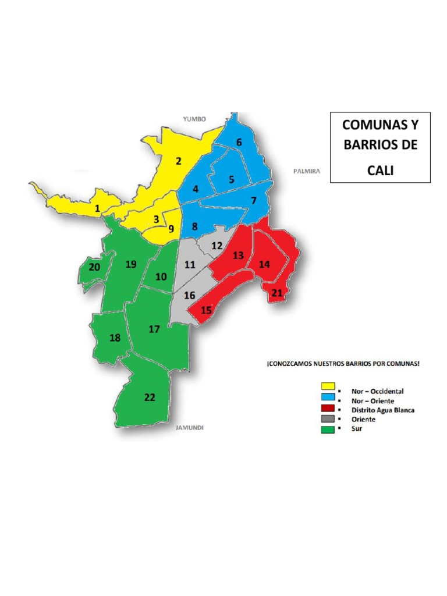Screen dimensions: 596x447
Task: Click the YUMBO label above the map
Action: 195,119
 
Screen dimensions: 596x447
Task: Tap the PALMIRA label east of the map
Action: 307,172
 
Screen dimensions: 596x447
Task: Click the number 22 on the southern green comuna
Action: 150,398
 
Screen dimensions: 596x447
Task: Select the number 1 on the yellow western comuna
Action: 98,208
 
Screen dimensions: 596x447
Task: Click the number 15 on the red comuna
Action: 206,310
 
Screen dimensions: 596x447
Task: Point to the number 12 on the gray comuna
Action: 217,245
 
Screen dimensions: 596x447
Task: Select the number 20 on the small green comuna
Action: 94,267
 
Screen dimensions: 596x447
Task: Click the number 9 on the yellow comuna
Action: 171,229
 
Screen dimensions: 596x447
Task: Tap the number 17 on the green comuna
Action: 154,329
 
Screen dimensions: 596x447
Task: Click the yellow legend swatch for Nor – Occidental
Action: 328,386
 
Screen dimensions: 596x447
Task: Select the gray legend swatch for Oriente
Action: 328,418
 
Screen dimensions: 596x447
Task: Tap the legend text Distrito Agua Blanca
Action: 380,410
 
